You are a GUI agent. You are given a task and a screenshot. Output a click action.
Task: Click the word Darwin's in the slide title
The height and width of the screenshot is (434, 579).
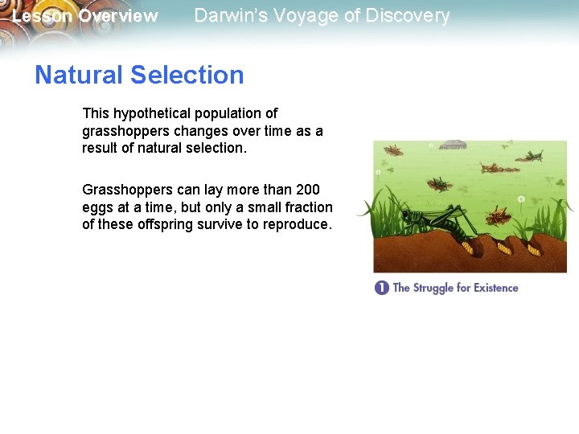point(228,16)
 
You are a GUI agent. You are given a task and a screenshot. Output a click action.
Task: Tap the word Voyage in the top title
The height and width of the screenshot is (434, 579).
point(298,16)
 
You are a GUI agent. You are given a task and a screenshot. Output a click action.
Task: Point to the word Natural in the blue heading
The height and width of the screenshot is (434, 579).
point(79,75)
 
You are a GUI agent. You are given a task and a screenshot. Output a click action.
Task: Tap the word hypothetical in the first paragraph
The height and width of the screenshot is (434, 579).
point(153,113)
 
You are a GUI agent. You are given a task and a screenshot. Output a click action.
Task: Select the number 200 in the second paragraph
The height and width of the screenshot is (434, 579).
point(307,190)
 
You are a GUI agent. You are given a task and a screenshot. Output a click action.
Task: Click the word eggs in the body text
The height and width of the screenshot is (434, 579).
point(96,207)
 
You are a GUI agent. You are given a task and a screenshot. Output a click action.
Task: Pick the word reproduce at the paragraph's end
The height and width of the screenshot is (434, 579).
point(294,225)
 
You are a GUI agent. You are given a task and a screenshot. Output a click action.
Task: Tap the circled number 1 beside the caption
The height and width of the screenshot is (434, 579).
point(381,288)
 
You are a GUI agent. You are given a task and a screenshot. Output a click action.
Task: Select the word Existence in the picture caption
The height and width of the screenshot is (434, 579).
point(494,288)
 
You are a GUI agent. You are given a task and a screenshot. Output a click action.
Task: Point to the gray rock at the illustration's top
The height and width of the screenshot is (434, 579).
point(452,145)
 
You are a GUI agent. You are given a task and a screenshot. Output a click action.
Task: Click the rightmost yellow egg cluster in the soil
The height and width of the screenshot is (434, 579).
point(534,249)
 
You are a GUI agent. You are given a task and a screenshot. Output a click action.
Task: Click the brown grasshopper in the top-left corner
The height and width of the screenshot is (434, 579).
point(393,150)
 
